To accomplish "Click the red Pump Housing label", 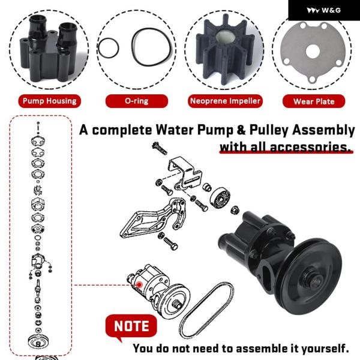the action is [x=50, y=101].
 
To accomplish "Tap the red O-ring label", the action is [x=137, y=101].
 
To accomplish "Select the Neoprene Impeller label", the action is [x=225, y=101].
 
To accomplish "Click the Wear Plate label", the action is [x=314, y=101].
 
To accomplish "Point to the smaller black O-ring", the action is [x=98, y=48].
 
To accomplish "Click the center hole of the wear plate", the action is [x=313, y=52].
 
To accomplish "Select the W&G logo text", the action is [x=331, y=10].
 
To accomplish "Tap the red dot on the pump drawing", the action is [x=139, y=285].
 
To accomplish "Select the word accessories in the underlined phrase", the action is [x=311, y=147].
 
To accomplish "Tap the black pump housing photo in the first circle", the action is [x=49, y=49].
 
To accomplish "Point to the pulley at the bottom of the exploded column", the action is [x=38, y=341].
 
